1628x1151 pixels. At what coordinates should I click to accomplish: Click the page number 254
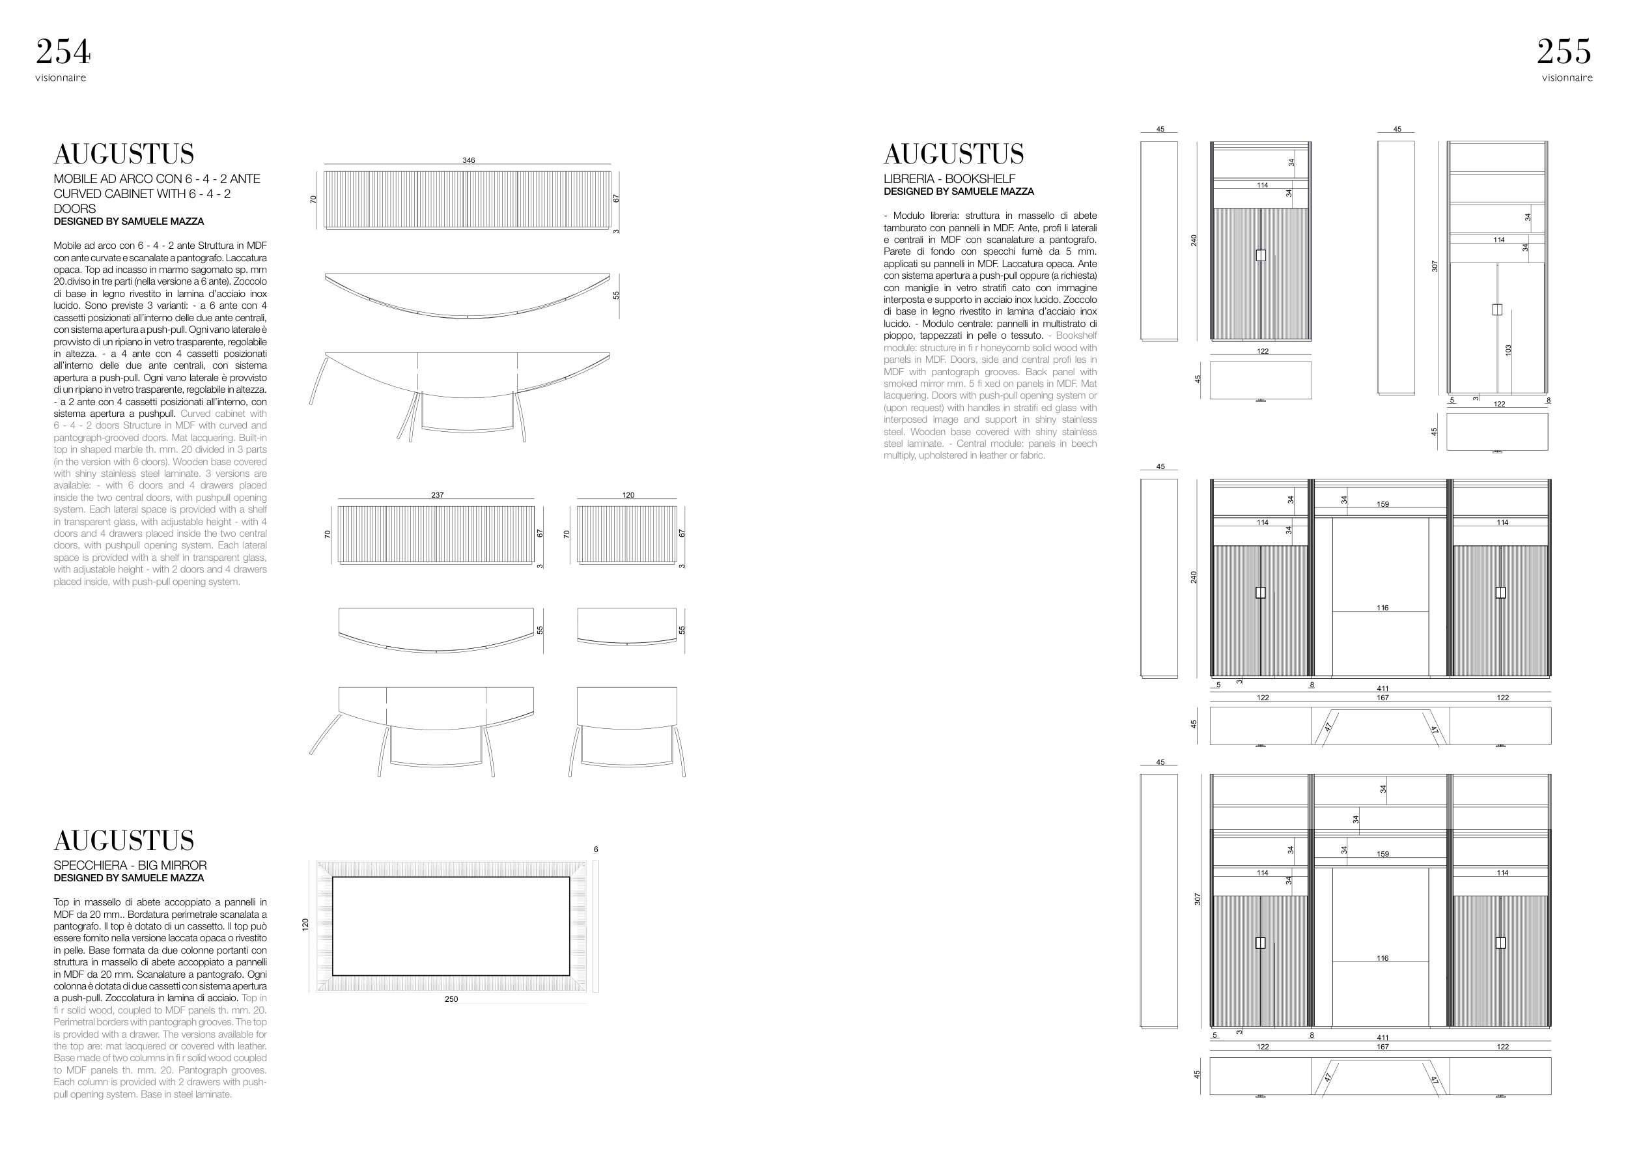(63, 51)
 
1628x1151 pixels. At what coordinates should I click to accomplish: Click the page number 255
(1564, 51)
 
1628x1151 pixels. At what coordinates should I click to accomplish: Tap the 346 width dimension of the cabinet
(469, 160)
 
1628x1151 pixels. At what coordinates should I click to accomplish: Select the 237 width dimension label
(438, 495)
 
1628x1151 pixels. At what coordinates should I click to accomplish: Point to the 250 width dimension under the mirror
(451, 999)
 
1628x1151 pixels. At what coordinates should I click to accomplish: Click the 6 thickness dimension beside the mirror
(596, 849)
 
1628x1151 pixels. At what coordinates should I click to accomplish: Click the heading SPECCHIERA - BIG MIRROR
(130, 865)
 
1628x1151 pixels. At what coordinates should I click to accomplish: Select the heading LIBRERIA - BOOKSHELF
(949, 178)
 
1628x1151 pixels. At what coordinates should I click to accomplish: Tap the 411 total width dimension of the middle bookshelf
(1382, 689)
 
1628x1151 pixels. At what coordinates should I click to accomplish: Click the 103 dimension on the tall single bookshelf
(1508, 350)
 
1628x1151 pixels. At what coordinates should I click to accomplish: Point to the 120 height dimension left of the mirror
(305, 925)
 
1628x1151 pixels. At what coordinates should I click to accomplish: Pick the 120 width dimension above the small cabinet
(628, 495)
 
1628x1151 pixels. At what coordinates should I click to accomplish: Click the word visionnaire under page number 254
(61, 78)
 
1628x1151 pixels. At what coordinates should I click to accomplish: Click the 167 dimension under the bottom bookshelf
(1382, 1047)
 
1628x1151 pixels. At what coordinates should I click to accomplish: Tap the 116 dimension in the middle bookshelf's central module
(1382, 608)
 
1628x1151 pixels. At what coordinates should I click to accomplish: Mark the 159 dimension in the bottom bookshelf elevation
(1382, 855)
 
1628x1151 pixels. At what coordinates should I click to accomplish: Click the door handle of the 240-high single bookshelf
(1260, 255)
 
